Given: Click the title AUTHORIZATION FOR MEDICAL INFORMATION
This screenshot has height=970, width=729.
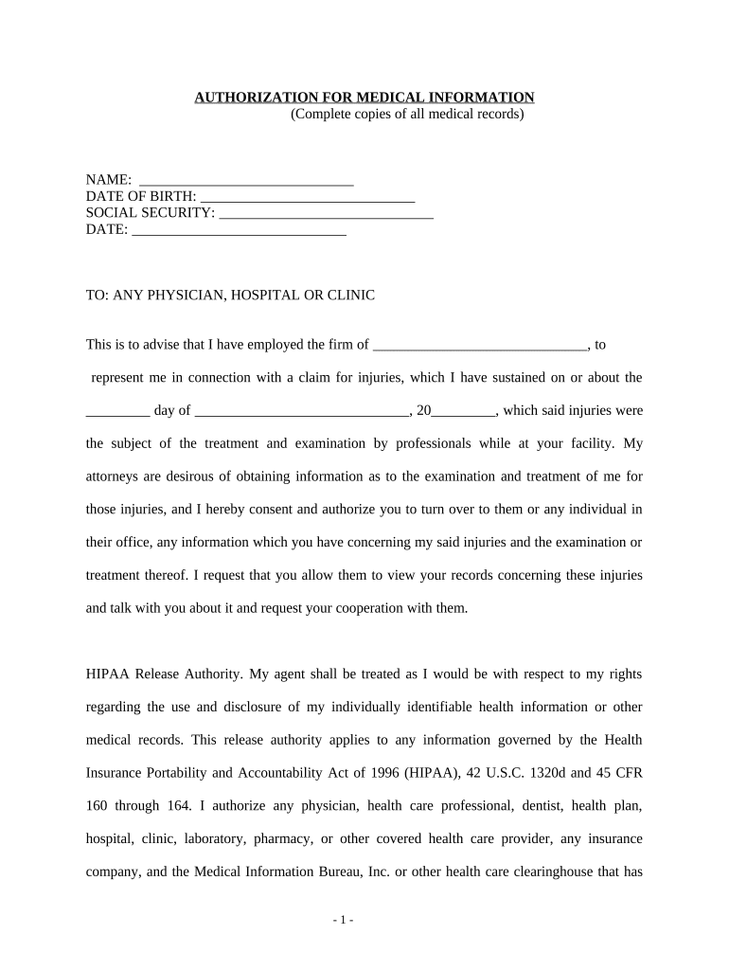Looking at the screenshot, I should (364, 98).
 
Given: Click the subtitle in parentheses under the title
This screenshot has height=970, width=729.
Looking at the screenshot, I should (407, 115).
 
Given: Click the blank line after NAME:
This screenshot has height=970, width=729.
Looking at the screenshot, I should (246, 180).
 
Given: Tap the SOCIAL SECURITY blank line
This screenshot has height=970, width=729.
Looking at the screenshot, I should (326, 214).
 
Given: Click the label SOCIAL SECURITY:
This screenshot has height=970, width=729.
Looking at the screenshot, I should (151, 213).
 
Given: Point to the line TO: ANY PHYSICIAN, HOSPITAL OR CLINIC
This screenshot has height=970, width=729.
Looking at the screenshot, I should (230, 296).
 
